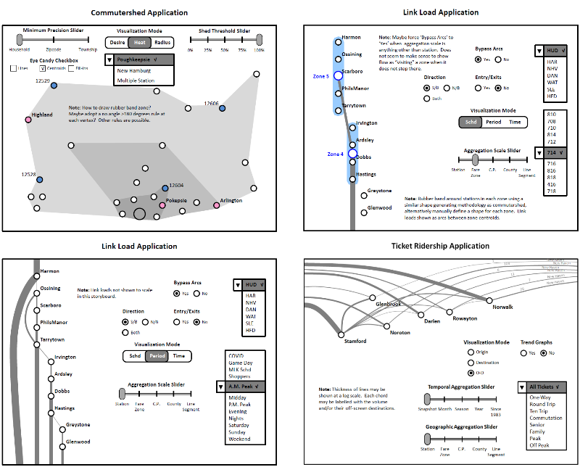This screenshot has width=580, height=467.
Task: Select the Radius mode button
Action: pos(163,43)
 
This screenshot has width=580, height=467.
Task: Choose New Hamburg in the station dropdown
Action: pos(134,71)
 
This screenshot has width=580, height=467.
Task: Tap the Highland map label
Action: pos(42,115)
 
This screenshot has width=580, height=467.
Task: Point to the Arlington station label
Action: pos(231,201)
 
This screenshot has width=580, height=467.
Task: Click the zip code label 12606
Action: pos(211,104)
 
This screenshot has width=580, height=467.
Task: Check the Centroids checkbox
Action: pos(42,68)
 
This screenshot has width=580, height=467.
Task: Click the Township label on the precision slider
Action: pos(88,50)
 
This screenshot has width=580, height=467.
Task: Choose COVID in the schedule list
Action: pos(236,357)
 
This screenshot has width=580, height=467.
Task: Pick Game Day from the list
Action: pos(240,363)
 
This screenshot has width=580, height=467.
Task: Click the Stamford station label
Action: pos(355,341)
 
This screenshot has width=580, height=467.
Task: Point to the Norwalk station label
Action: pos(502,307)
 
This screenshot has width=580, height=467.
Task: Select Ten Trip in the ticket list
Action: pos(540,411)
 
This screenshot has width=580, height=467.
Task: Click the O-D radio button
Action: pos(471,372)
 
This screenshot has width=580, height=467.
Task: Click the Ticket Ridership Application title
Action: pos(440,246)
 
